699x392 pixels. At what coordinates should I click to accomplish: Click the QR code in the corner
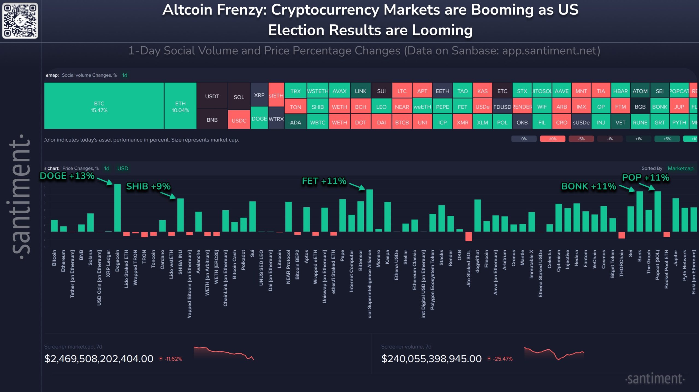tap(20, 20)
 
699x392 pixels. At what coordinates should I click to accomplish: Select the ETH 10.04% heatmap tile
tap(180, 107)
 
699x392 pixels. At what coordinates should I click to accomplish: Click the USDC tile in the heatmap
tap(239, 120)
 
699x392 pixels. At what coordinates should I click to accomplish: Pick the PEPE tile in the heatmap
tap(442, 107)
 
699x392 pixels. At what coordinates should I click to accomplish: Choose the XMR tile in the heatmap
tap(463, 122)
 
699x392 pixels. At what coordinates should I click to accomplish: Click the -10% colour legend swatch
tap(552, 139)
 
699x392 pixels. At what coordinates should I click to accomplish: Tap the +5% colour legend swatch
tap(667, 139)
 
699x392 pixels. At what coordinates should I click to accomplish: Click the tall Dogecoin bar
tap(117, 208)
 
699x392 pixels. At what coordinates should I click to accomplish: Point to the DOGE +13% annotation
tap(67, 176)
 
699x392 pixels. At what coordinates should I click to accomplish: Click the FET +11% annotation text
tap(324, 181)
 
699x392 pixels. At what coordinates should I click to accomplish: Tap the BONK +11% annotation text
tap(589, 186)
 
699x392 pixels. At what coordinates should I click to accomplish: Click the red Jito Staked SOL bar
tap(469, 236)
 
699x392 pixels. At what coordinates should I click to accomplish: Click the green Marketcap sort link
tap(680, 168)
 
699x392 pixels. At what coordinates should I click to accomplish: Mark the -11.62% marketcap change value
tap(173, 359)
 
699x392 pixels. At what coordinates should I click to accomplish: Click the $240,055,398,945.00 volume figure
tap(431, 359)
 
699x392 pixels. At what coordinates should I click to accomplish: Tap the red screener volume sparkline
tap(554, 353)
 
